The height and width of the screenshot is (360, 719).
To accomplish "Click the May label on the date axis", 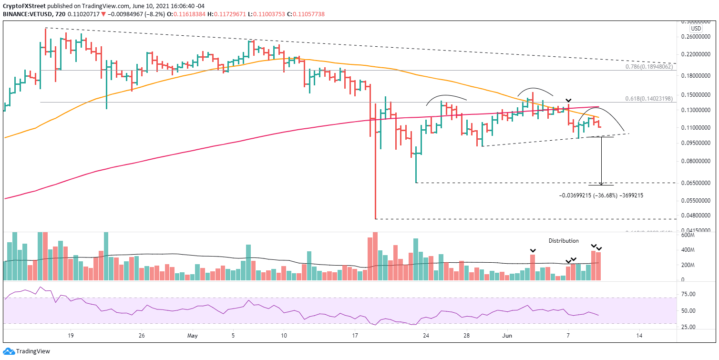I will click(x=193, y=336).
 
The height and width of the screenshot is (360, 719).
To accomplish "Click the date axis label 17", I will click(x=355, y=336).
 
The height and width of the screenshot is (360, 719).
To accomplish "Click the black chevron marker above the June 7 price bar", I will click(x=568, y=101).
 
